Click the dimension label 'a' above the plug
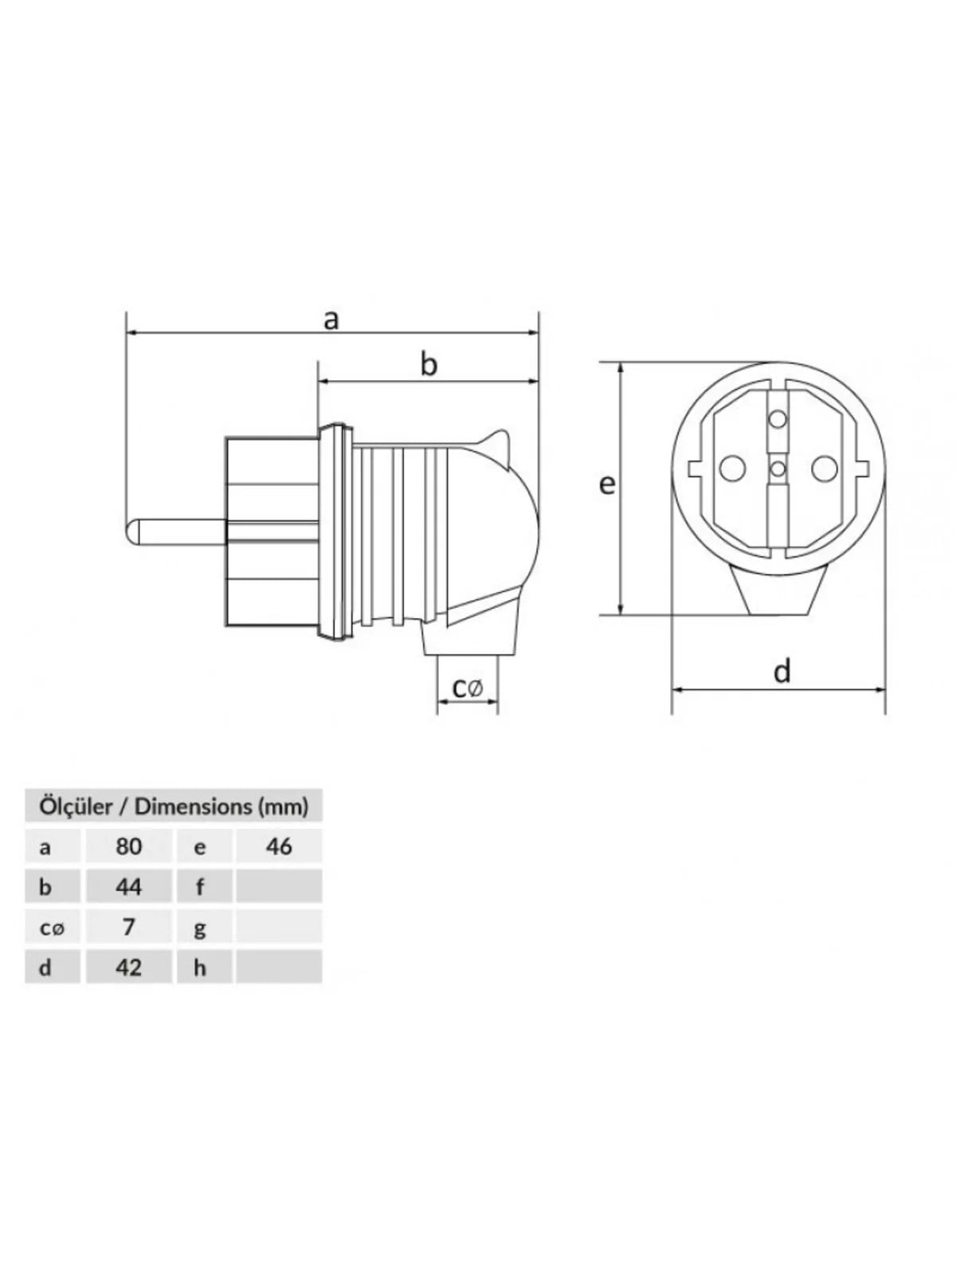(331, 320)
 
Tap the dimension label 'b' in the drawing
(429, 365)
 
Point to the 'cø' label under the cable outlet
(468, 688)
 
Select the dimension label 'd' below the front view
(782, 671)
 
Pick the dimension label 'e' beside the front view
(606, 484)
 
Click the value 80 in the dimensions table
(128, 846)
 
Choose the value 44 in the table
(128, 887)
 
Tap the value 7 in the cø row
(128, 927)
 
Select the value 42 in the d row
(128, 967)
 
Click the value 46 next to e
(279, 846)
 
